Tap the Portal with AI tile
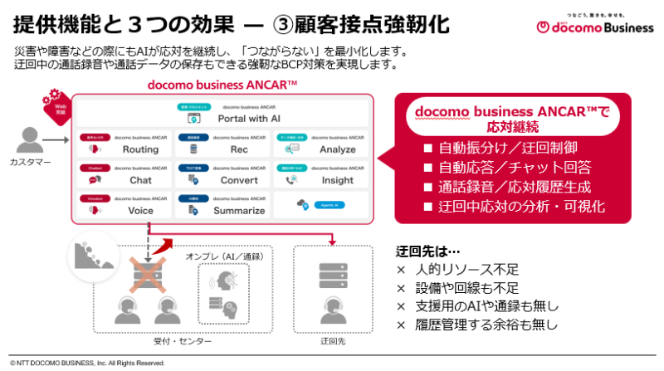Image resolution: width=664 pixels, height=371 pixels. coord(222,113)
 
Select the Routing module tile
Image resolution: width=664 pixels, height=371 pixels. coord(124,144)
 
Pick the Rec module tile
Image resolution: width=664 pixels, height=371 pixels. coord(222,144)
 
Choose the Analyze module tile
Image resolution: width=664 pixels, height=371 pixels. coord(321,144)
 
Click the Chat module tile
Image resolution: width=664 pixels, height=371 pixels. coord(124,174)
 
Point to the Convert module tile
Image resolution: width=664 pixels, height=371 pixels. coord(222,174)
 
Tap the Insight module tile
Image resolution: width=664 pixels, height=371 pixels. coord(321,174)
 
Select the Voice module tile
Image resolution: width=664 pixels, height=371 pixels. coord(124,205)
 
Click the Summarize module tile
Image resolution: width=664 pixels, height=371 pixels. coord(222,205)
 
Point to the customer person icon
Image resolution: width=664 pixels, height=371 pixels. coord(32,140)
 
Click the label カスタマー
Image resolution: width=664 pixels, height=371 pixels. coord(31,162)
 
